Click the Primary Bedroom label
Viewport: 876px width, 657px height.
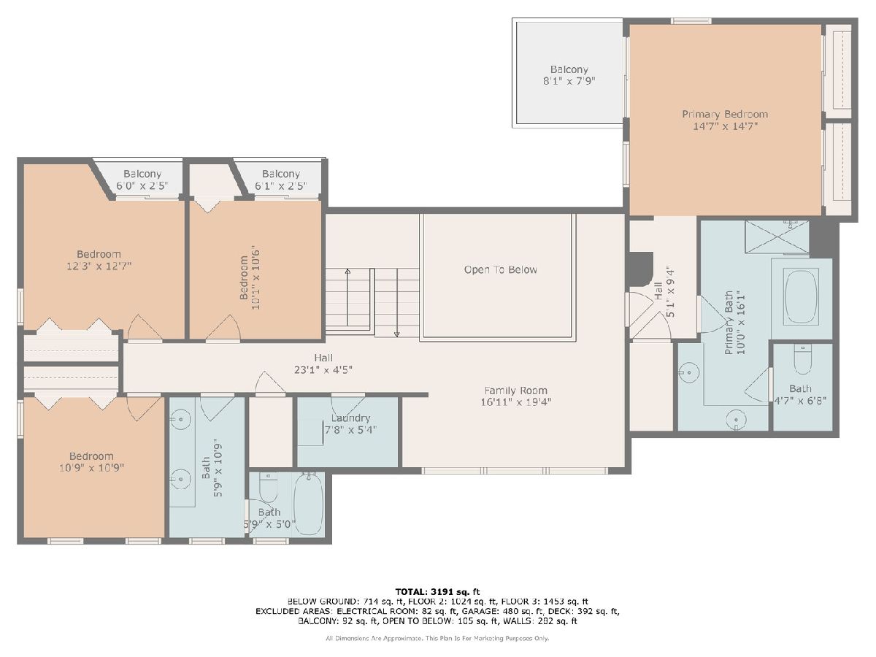coord(725,114)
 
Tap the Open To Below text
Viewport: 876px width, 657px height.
coord(501,269)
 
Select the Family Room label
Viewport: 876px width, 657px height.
coord(515,390)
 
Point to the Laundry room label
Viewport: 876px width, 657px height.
coord(350,418)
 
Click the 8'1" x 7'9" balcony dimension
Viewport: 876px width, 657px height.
coord(569,81)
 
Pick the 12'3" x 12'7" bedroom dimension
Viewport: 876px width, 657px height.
coord(99,266)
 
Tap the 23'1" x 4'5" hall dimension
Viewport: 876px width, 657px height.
coord(323,370)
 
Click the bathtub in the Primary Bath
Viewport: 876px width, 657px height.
coord(801,297)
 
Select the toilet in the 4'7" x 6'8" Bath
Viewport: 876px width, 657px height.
coord(802,359)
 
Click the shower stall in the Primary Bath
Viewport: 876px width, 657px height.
coord(777,237)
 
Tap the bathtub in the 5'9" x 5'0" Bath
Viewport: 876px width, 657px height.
coord(309,504)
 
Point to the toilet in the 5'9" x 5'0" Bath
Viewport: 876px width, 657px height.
coord(268,488)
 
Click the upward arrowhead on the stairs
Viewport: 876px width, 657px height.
coord(347,272)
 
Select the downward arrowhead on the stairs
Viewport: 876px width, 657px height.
coord(396,334)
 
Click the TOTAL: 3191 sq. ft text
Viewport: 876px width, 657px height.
coord(437,591)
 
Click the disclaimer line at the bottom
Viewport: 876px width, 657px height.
coord(437,639)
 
